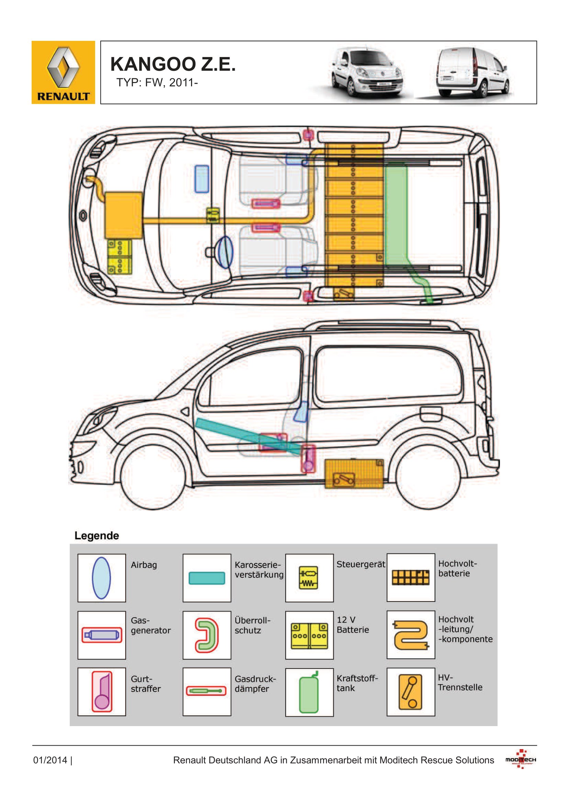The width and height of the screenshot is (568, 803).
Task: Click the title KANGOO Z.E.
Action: tap(173, 64)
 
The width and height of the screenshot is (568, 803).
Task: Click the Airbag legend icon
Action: tap(101, 578)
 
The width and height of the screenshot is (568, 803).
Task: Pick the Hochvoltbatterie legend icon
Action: tap(411, 577)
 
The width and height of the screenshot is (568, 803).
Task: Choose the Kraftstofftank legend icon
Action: tap(309, 692)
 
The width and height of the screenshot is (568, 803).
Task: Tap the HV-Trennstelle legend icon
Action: tap(411, 692)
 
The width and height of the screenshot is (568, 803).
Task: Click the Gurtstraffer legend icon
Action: tap(102, 691)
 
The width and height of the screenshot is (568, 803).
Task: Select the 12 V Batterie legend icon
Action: tap(309, 636)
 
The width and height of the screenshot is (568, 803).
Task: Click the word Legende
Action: tap(97, 536)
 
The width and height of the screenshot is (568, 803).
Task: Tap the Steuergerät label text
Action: tap(361, 564)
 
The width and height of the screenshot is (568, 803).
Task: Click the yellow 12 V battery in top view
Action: tap(120, 256)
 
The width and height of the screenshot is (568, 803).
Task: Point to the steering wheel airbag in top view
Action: tap(224, 252)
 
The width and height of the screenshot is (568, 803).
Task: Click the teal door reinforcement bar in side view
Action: tap(249, 437)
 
